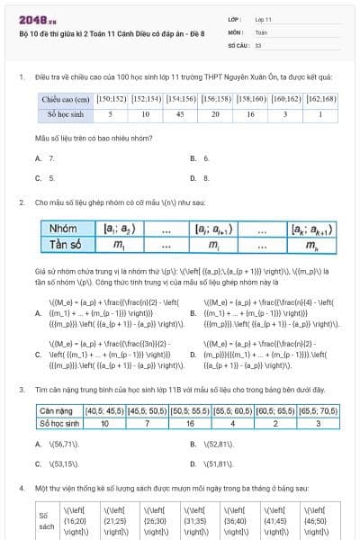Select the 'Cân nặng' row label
point(57,409)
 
